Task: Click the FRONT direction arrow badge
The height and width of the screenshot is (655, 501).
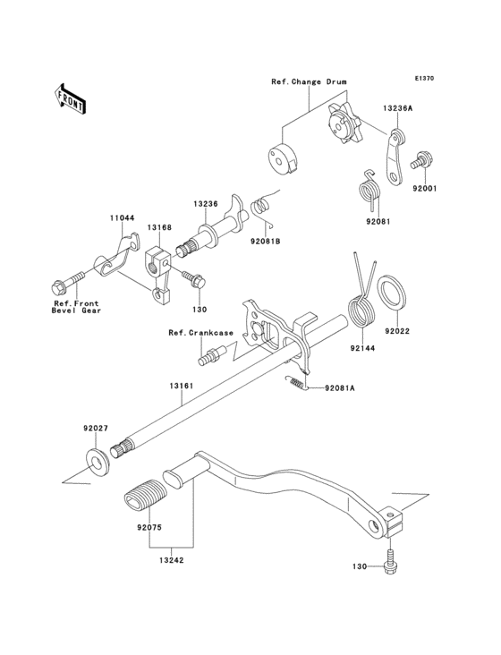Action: (71, 98)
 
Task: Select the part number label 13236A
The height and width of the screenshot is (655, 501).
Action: (397, 107)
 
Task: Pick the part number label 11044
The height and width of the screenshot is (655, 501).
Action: (123, 217)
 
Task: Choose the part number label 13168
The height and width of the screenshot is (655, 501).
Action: (160, 227)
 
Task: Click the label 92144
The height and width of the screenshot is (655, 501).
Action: (362, 346)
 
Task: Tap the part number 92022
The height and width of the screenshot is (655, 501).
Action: (397, 330)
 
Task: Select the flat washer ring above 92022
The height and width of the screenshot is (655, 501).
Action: (393, 292)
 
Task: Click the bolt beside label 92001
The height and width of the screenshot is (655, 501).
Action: (419, 163)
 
